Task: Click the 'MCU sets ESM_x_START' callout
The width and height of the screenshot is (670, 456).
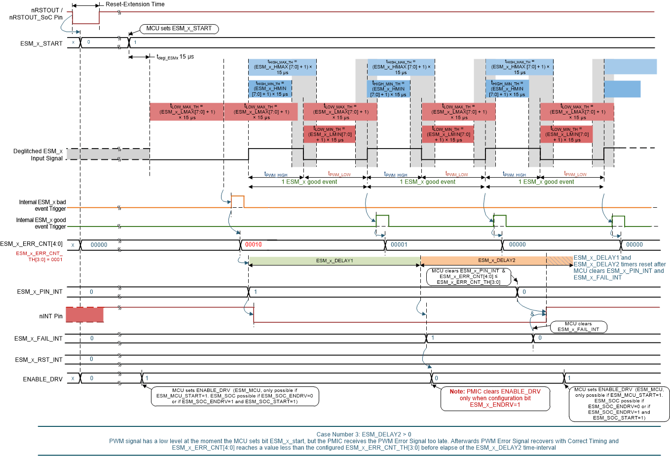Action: click(179, 29)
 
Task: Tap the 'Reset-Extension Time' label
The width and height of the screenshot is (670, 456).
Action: click(135, 4)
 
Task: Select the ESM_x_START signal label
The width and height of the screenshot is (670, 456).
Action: click(41, 43)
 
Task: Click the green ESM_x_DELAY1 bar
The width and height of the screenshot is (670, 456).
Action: click(334, 261)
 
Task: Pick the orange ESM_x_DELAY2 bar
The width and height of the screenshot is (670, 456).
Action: click(484, 261)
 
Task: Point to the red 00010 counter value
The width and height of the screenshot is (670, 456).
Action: click(254, 245)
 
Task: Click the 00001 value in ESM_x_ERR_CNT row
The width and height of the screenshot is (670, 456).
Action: click(399, 245)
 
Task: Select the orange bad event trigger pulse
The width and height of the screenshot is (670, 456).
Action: click(237, 201)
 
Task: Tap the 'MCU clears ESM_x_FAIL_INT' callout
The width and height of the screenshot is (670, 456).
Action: click(578, 327)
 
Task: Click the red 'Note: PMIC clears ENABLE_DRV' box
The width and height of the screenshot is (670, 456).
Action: click(495, 398)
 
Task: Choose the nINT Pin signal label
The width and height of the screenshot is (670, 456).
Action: click(51, 316)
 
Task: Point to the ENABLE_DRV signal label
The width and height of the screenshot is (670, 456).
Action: click(43, 380)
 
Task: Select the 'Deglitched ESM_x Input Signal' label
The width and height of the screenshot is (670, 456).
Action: click(38, 155)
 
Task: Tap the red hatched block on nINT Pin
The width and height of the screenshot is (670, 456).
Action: click(84, 315)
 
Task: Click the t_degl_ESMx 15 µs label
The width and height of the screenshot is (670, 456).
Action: click(175, 57)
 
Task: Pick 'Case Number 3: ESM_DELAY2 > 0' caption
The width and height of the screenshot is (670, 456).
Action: click(364, 435)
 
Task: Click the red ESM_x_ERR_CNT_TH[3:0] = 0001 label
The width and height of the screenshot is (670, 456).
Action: click(39, 257)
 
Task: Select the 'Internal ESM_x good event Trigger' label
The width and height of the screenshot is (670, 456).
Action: click(41, 224)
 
